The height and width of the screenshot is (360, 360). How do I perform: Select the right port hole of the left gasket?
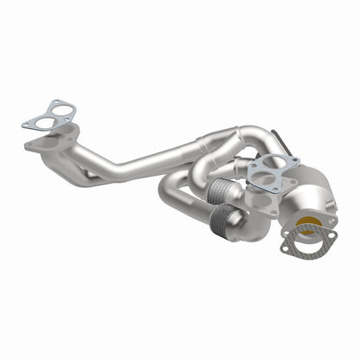coord(59,112)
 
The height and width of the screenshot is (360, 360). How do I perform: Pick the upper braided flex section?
coord(221,192)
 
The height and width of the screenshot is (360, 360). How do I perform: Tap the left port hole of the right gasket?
coord(260,183)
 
